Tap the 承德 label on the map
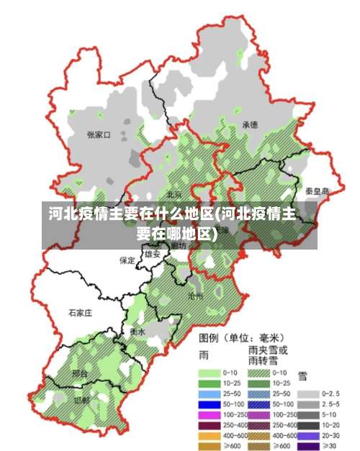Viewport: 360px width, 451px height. [x=250, y=124]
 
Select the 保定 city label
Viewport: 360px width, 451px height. [x=127, y=260]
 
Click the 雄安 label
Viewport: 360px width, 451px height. [x=152, y=254]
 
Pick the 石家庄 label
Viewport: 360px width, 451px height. [x=81, y=313]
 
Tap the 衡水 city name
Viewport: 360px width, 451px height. [x=138, y=332]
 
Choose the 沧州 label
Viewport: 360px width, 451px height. [x=195, y=296]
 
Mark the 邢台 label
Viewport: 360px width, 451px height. [x=80, y=373]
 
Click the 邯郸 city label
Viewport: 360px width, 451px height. [x=82, y=399]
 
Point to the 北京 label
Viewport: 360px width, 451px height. [x=174, y=194]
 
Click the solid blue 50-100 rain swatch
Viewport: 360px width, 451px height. [x=210, y=404]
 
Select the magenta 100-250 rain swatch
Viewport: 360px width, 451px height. [x=210, y=415]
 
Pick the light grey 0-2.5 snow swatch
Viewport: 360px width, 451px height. [x=310, y=393]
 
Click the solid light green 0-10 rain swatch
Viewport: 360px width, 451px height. [x=210, y=373]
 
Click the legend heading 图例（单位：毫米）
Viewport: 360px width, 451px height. [x=242, y=337]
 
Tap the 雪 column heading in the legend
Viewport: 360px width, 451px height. [x=303, y=375]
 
